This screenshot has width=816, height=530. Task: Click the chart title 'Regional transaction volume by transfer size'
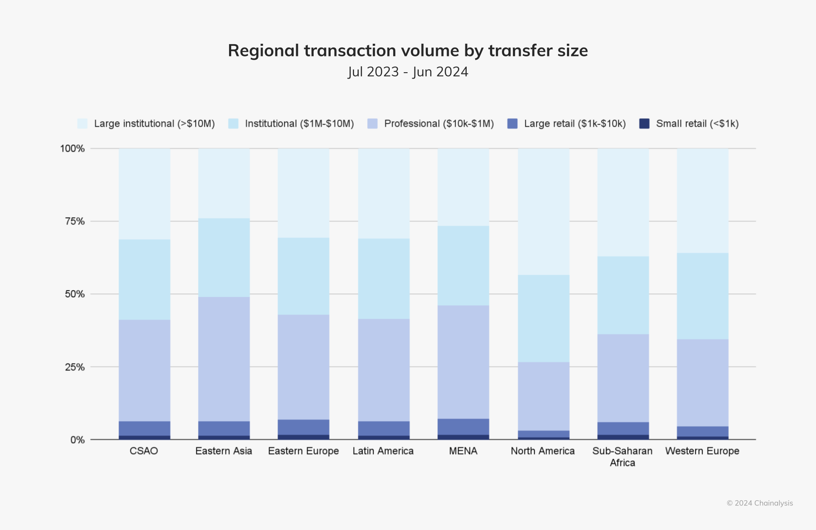click(x=408, y=51)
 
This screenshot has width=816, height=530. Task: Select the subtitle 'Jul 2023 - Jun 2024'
click(x=408, y=72)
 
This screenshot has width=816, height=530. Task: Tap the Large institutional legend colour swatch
click(x=82, y=124)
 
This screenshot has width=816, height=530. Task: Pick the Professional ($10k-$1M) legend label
click(x=439, y=124)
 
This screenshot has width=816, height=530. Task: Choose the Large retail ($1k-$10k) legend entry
click(x=575, y=124)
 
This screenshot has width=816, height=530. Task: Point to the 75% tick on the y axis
click(x=75, y=221)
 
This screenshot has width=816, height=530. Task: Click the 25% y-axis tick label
click(x=75, y=367)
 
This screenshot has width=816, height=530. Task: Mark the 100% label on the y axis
click(x=72, y=149)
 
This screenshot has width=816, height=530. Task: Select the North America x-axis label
click(x=543, y=451)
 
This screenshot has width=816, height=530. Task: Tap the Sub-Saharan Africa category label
click(x=622, y=457)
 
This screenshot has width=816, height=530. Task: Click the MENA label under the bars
click(x=463, y=451)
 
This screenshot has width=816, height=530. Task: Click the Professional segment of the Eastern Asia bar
click(x=224, y=359)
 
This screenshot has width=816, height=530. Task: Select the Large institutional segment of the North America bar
click(x=544, y=211)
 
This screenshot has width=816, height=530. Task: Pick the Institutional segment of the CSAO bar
click(x=144, y=279)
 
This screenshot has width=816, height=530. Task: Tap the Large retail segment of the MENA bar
click(x=463, y=426)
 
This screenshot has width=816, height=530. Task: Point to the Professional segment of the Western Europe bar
click(x=703, y=382)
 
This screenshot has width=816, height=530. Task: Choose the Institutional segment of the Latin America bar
click(x=384, y=279)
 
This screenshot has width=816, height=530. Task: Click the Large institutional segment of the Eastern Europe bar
click(x=303, y=193)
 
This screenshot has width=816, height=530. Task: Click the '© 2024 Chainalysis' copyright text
click(x=759, y=503)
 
